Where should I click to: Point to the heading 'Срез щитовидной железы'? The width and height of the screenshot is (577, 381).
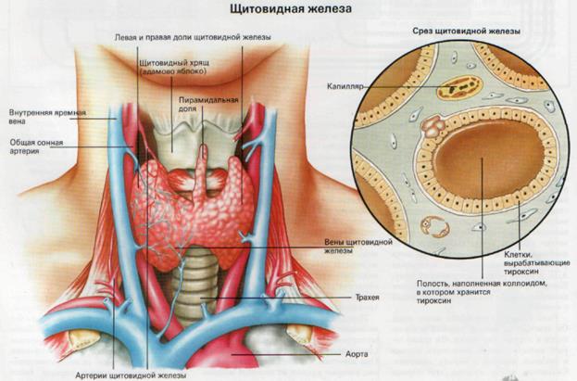(466, 32)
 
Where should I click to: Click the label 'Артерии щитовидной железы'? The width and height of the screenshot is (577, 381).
(132, 375)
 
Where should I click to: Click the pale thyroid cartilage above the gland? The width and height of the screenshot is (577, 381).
(175, 139)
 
